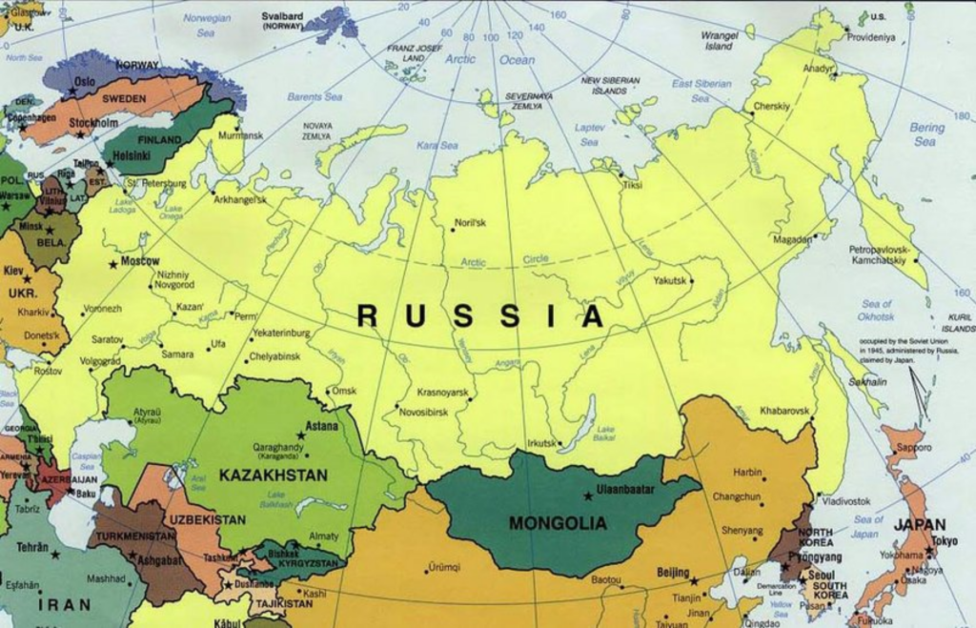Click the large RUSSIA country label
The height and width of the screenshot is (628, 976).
480,316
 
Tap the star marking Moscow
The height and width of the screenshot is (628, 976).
113,263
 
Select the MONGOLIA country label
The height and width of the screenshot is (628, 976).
558,523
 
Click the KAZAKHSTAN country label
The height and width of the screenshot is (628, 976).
273,475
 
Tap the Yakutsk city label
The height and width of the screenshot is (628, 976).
670,280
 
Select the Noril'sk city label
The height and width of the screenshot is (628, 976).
470,223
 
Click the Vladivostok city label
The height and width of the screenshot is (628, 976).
845,500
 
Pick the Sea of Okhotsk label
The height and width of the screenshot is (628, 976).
875,310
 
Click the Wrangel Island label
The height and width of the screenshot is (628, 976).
719,40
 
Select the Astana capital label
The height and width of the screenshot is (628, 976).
321,426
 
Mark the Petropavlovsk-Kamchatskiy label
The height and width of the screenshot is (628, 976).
878,254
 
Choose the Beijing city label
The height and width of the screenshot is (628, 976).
673,572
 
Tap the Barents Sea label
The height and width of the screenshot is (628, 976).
315,96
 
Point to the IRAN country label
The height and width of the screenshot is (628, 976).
65,604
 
